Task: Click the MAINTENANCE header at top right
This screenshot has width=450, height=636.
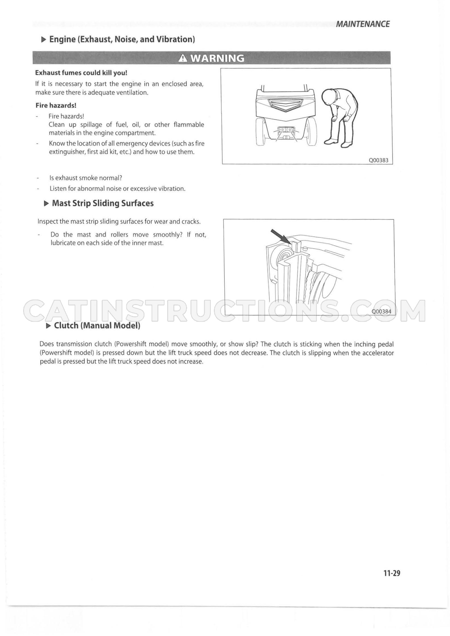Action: pos(363,24)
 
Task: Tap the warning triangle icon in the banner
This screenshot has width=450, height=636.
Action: pos(183,58)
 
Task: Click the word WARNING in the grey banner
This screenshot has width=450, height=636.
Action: pos(217,58)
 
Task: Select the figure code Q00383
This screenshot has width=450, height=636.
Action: pos(378,160)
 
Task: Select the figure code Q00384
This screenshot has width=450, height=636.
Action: pos(381,311)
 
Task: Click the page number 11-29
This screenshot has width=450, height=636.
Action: pos(392,573)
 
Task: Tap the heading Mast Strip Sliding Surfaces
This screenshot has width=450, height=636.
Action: pos(103,203)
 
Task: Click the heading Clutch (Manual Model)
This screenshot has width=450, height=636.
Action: pos(97,325)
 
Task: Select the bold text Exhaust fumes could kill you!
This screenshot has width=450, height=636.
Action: pos(81,73)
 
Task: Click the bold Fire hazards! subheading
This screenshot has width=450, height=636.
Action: pos(56,105)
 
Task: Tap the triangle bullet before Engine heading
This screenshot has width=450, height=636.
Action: pos(43,39)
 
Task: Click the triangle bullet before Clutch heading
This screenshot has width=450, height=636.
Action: pos(48,326)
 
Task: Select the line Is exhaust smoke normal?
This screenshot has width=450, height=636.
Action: pos(86,178)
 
